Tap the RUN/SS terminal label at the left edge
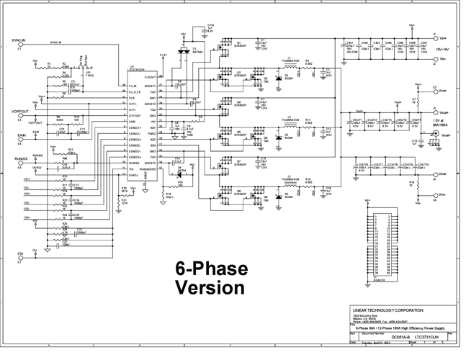click(19, 152)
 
